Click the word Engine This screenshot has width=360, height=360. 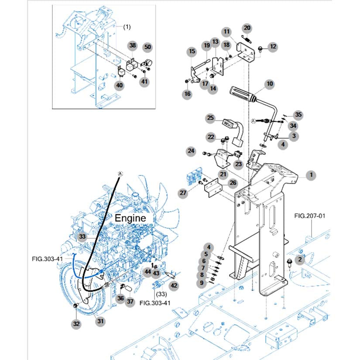point(130,218)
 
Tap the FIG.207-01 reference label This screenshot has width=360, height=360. point(310,216)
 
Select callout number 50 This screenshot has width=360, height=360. point(147,47)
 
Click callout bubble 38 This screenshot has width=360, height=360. point(133,45)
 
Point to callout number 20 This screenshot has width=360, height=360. point(247,28)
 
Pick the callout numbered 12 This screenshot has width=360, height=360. point(273,47)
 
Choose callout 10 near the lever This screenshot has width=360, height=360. point(270,84)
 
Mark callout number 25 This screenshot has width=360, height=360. point(210,118)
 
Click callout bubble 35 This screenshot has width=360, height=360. point(298,115)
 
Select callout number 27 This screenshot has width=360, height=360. point(183,193)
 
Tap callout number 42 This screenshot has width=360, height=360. point(174,285)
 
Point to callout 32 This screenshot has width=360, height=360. point(76,324)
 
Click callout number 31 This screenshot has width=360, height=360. point(100,321)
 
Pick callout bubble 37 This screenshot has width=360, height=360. point(130,301)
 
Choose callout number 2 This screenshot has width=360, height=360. point(300,260)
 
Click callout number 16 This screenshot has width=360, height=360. point(187,94)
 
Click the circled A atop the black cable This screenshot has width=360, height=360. point(120,174)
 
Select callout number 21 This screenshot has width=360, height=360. point(223,174)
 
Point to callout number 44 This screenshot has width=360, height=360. point(147,271)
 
